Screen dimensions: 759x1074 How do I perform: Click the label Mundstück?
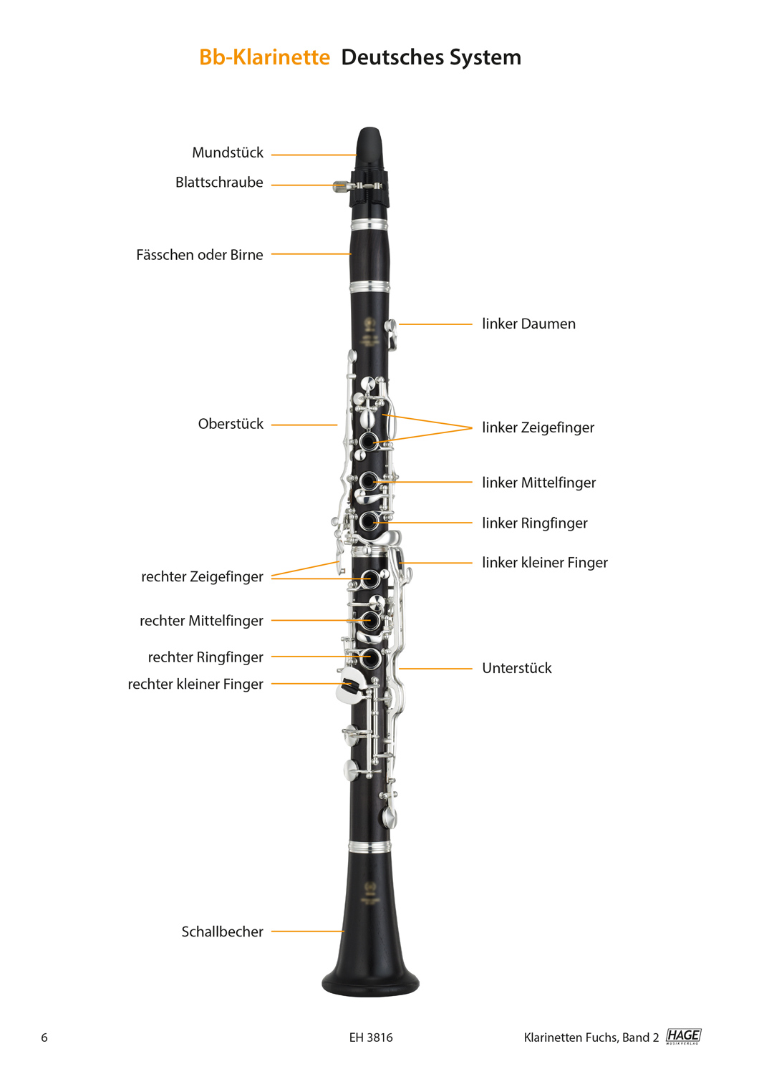click(x=228, y=153)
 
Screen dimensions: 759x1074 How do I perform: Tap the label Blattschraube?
click(x=219, y=182)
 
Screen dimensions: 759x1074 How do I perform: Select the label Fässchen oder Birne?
click(x=200, y=255)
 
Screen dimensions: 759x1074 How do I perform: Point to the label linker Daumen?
click(x=528, y=324)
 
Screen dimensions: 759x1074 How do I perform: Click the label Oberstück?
click(x=231, y=424)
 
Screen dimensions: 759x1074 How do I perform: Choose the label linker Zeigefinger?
click(x=538, y=427)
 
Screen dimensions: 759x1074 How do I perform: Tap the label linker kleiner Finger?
click(x=545, y=562)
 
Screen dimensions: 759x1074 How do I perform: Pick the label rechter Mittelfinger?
click(x=201, y=621)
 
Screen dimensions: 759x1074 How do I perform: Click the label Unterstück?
click(x=517, y=668)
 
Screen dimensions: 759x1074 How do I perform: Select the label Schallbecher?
click(x=223, y=932)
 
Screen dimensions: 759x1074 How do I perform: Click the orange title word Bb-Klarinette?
click(x=265, y=57)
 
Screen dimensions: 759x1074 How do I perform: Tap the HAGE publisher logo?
click(x=683, y=1036)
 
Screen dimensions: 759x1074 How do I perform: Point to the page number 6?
click(x=44, y=1037)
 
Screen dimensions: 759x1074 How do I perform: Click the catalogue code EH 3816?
click(x=371, y=1037)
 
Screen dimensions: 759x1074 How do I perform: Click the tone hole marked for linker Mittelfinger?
click(x=368, y=481)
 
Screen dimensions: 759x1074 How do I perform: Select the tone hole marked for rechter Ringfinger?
click(x=370, y=657)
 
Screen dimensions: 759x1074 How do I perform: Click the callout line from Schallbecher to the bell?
click(x=308, y=931)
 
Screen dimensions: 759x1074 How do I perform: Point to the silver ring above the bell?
click(x=369, y=847)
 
